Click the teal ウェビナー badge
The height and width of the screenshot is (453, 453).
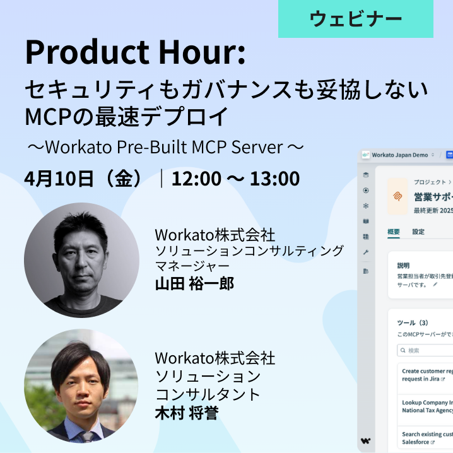(x=356, y=19)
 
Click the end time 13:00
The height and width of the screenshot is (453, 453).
(x=274, y=179)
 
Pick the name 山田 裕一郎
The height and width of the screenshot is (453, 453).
(x=194, y=284)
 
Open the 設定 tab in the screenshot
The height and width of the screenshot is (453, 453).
(x=418, y=232)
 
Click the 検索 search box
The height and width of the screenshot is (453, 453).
(x=423, y=350)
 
